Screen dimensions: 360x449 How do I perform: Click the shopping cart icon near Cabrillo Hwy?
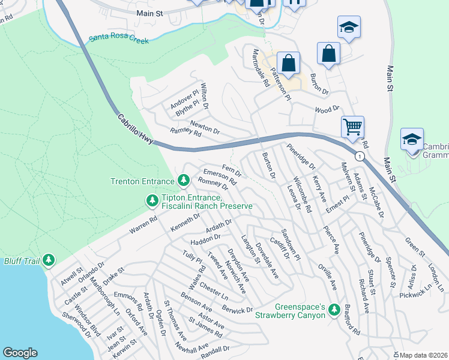pos(352,127)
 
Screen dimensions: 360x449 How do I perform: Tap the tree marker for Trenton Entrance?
pos(183,179)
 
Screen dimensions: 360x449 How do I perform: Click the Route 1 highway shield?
pos(359,157)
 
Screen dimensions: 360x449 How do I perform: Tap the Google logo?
pos(20,353)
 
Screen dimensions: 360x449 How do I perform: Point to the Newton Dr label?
pos(205,127)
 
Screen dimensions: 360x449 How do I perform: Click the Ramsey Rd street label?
pos(185,133)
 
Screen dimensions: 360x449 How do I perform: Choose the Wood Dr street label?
pos(327,110)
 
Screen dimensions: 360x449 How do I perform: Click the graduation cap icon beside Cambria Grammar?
pos(412,140)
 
